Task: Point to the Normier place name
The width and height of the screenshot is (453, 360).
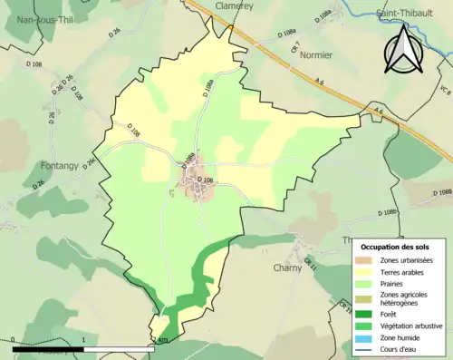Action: [316, 54]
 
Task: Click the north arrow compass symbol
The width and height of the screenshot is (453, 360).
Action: [404, 50]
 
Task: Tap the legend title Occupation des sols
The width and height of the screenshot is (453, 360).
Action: [400, 247]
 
